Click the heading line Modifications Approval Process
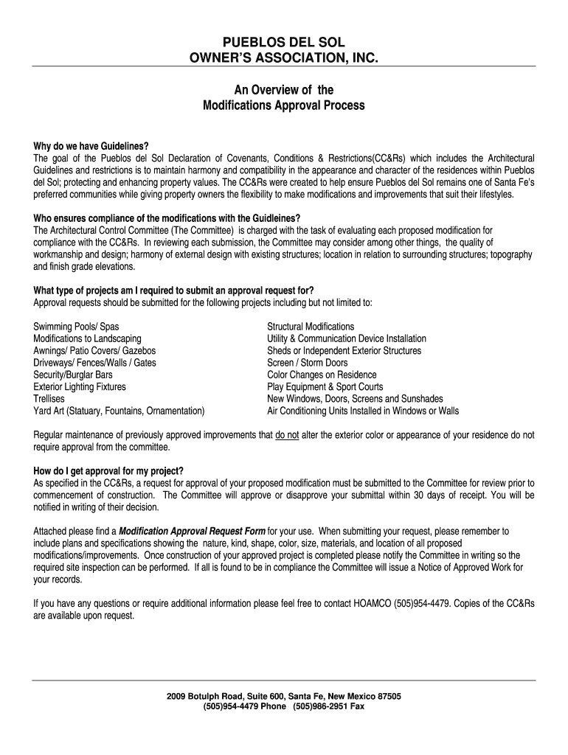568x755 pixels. coord(284,105)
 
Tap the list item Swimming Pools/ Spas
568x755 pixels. coord(77,327)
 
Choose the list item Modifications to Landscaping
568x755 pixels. coord(88,338)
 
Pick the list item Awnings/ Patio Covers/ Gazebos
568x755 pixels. coord(94,351)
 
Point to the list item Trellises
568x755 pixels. coord(49,399)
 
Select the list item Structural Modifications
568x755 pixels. coord(311,327)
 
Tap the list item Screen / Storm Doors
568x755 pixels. coord(307,363)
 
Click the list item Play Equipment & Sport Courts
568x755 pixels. coord(325,387)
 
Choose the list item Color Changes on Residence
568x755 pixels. coord(322,375)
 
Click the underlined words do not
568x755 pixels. coord(287,435)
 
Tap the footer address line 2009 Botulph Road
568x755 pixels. coord(284,696)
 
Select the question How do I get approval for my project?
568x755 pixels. coord(108,471)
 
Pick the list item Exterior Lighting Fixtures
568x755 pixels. coord(80,387)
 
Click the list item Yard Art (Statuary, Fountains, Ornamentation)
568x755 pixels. coord(120,411)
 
